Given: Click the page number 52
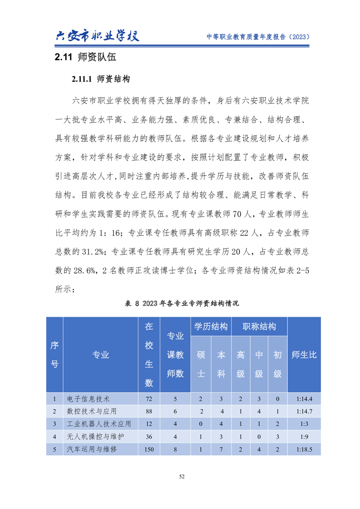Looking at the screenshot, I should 182,476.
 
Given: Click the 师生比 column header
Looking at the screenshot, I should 304,355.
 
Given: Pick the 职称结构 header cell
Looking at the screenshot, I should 259,327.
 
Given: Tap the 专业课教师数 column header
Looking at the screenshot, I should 175,355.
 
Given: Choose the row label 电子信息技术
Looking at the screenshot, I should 88,399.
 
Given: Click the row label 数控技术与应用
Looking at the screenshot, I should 92,411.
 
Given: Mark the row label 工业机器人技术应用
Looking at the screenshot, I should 99,424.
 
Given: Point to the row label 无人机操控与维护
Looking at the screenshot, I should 95,437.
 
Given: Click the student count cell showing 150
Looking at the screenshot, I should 149,450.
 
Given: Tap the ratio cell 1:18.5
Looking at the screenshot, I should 304,450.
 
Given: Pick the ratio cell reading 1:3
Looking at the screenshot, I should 304,424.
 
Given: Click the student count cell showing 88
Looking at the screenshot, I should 149,411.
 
